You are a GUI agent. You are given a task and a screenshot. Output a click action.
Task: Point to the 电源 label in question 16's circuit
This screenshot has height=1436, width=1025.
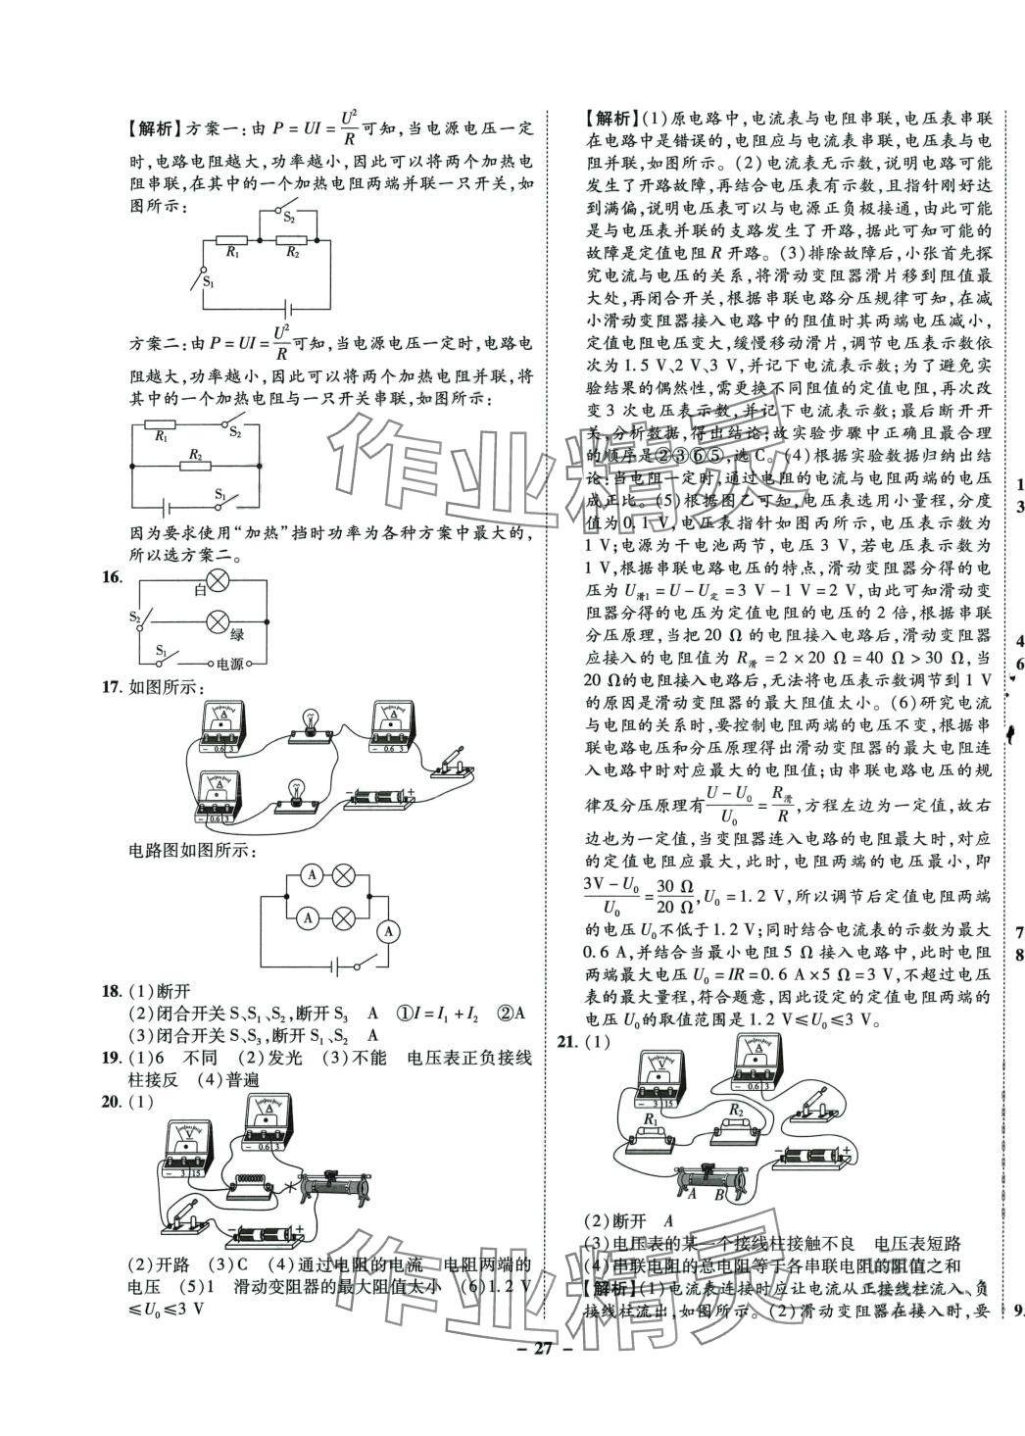(x=230, y=664)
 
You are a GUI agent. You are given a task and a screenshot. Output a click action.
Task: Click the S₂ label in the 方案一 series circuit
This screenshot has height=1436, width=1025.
(x=289, y=220)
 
